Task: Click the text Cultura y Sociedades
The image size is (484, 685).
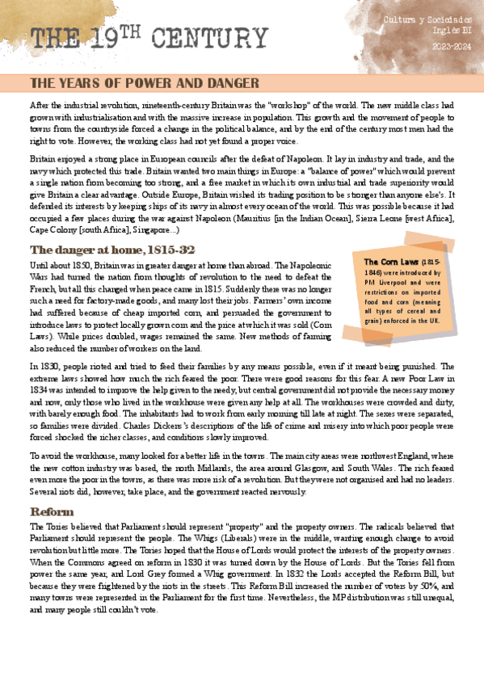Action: click(x=427, y=18)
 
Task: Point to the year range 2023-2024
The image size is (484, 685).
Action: click(x=448, y=46)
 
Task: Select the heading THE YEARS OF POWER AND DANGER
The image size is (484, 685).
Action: click(x=144, y=83)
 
